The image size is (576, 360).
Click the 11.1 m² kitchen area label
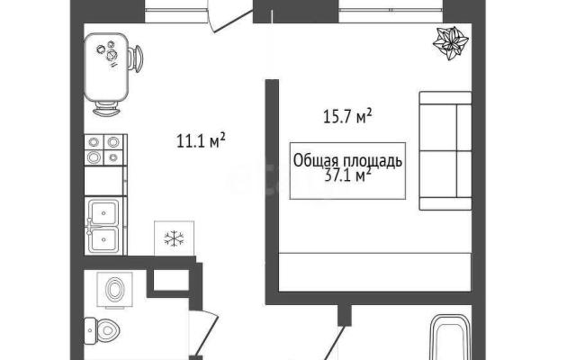(x=201, y=141)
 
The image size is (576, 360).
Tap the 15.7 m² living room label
(x=347, y=116)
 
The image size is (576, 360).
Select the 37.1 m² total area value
(x=347, y=175)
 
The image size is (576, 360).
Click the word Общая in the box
(x=317, y=161)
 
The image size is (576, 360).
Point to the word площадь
(x=373, y=161)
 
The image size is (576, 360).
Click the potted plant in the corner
(x=451, y=43)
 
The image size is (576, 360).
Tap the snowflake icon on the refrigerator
(x=174, y=238)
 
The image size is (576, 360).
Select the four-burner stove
(x=105, y=150)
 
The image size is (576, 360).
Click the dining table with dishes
(x=106, y=67)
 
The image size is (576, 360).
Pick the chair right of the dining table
(x=136, y=58)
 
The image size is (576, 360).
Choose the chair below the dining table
(x=106, y=108)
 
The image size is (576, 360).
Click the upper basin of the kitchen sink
(x=104, y=212)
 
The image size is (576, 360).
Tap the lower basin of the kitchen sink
(x=104, y=239)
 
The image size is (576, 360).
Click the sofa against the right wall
(x=445, y=150)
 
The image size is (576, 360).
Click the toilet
(x=102, y=330)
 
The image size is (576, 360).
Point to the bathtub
(x=450, y=337)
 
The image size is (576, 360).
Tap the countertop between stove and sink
(x=105, y=181)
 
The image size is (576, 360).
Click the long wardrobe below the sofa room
(x=374, y=272)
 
